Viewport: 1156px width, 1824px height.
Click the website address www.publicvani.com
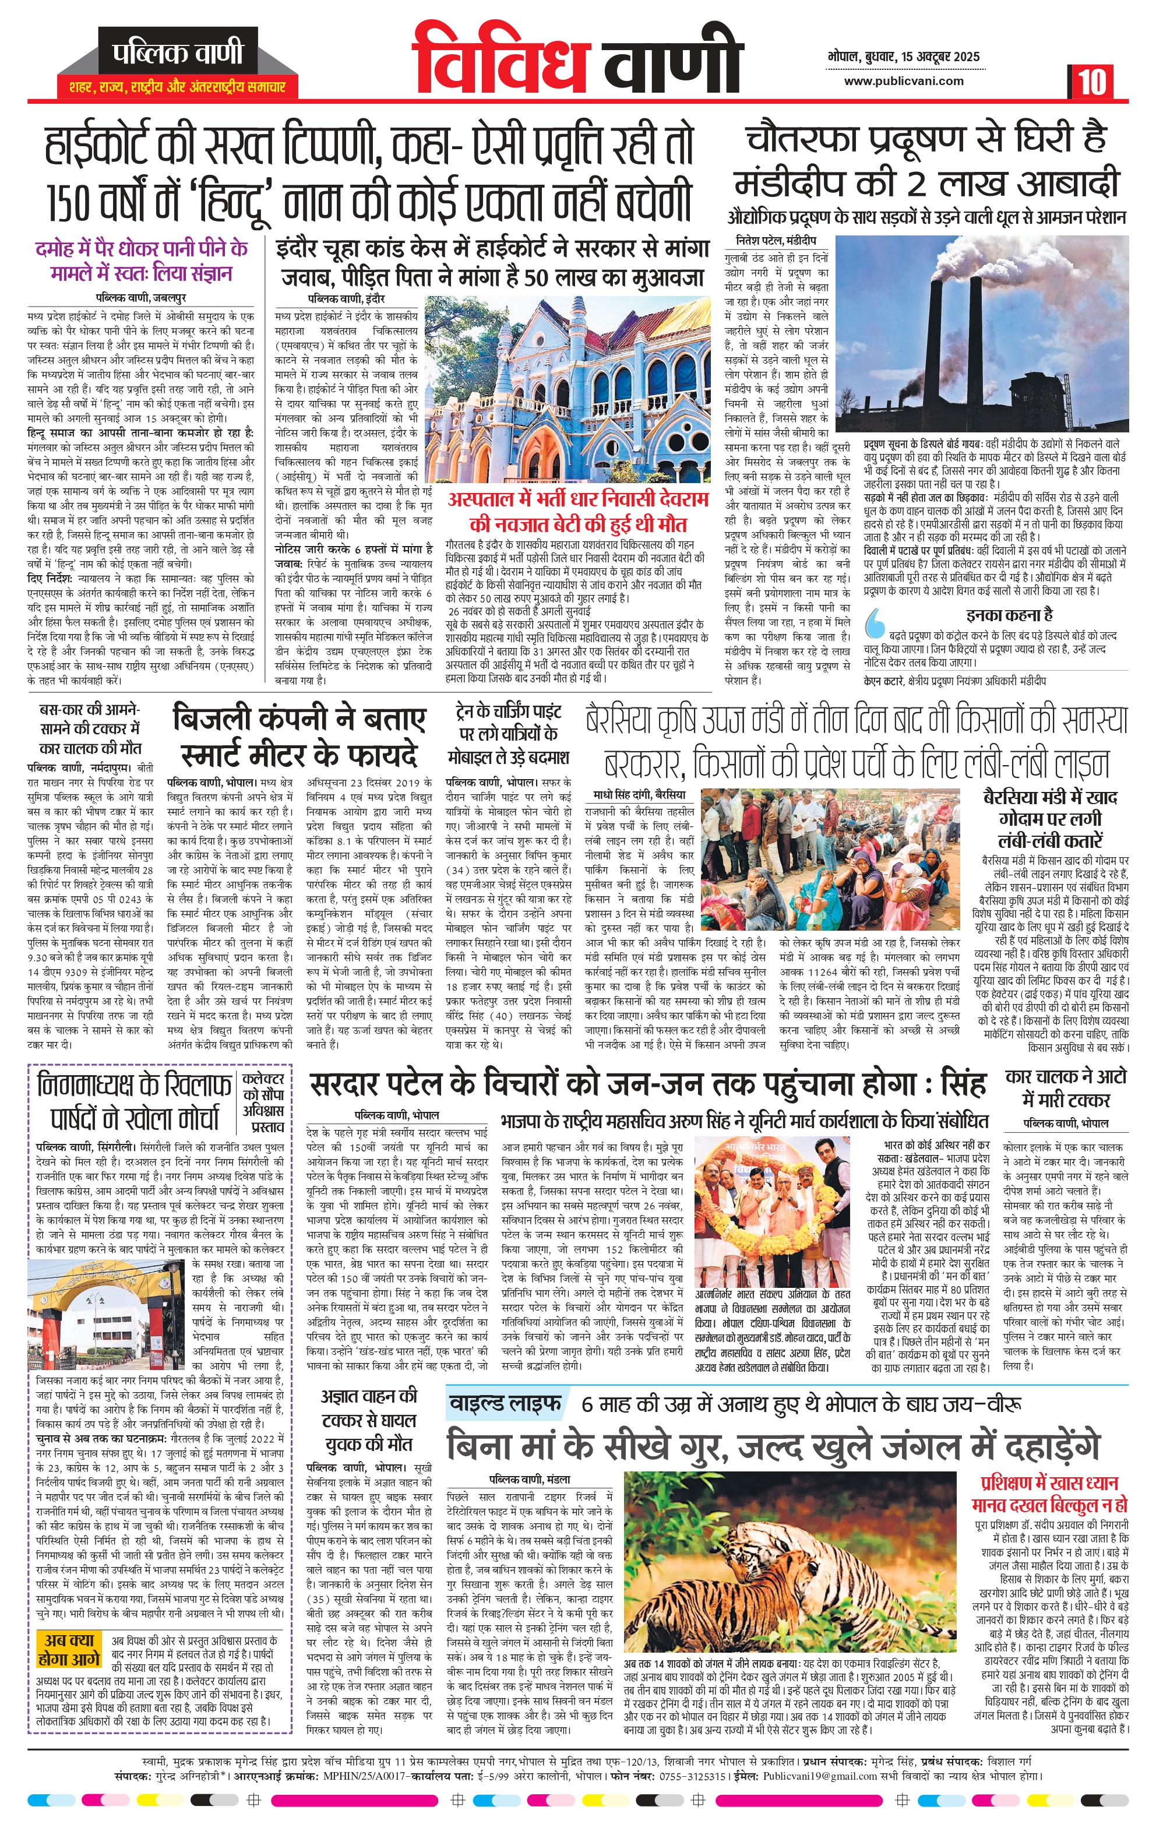point(904,81)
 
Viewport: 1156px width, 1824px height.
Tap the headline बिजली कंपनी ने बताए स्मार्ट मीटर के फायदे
point(299,735)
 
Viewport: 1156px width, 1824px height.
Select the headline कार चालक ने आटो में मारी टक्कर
point(1065,1088)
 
